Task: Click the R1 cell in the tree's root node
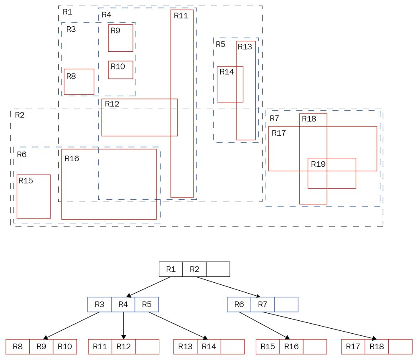point(171,269)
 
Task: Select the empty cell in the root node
point(218,269)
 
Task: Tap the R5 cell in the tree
point(147,304)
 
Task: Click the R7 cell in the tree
point(263,304)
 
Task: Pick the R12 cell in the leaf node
point(124,346)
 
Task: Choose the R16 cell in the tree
point(291,346)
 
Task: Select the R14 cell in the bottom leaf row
point(209,346)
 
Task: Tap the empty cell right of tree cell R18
point(400,346)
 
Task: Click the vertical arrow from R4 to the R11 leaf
point(123,325)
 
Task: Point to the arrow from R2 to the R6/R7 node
point(228,287)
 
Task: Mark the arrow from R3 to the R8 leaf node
point(71,325)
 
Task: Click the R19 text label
point(318,164)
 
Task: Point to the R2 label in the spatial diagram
point(20,115)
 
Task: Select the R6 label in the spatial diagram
point(22,155)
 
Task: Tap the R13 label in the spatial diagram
point(245,47)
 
